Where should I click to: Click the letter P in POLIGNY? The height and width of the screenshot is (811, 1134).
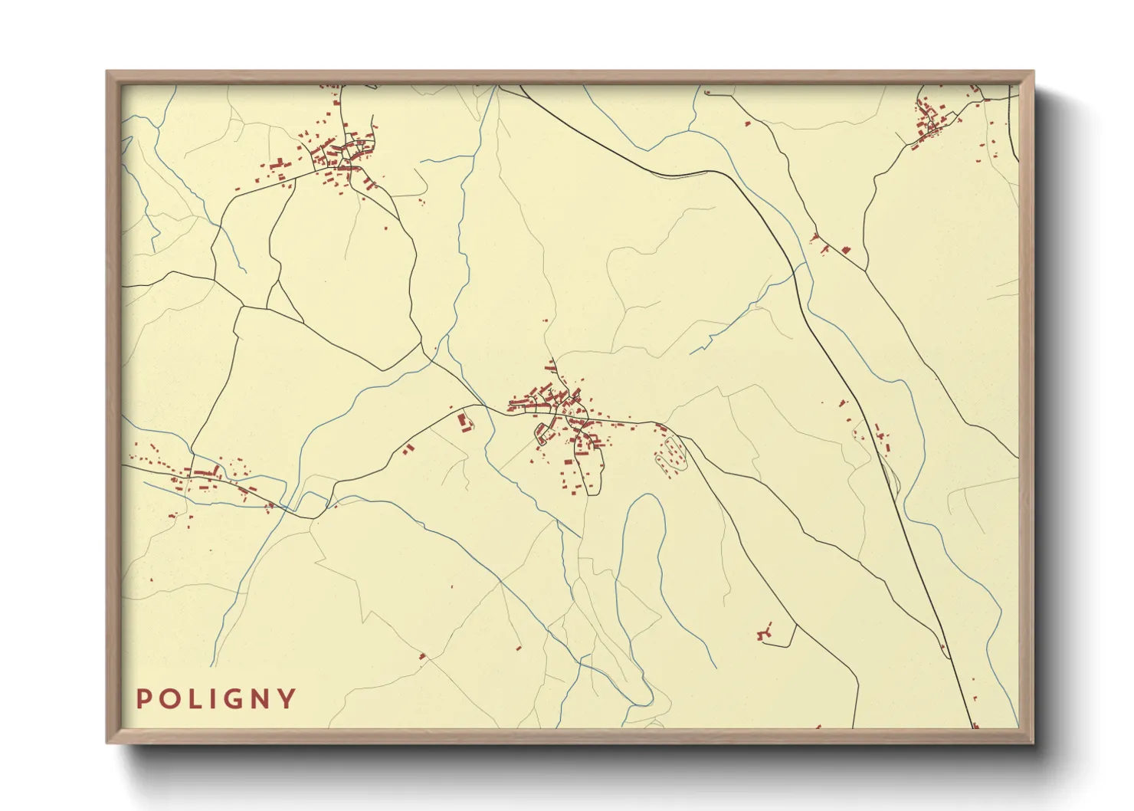[143, 699]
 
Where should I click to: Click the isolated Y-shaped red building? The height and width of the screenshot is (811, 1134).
[763, 633]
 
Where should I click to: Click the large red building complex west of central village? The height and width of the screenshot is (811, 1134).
[462, 422]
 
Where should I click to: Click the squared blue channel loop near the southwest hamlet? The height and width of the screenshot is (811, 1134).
[310, 503]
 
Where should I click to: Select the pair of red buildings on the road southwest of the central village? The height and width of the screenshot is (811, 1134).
[408, 448]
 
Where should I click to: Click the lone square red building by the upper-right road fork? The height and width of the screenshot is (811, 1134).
[846, 250]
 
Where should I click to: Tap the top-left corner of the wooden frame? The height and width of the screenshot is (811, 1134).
[107, 72]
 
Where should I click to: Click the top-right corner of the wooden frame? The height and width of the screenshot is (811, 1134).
[1033, 72]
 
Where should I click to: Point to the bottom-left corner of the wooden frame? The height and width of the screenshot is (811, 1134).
[107, 742]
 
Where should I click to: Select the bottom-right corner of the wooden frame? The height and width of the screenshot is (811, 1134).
[1033, 742]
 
